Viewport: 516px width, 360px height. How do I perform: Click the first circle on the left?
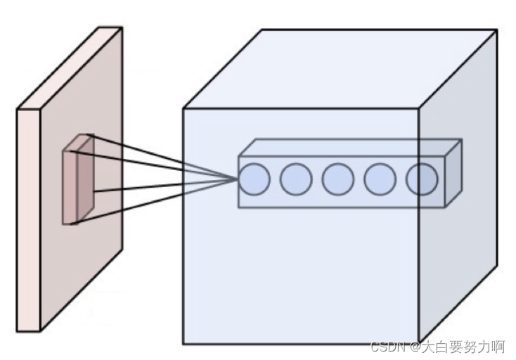click(x=254, y=179)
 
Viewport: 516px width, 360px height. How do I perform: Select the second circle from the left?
click(x=296, y=179)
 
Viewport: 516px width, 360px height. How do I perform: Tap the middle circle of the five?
click(x=337, y=179)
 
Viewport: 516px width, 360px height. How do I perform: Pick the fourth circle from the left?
click(x=380, y=179)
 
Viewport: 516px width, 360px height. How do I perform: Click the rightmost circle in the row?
click(x=421, y=179)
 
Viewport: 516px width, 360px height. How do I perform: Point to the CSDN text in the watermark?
click(x=387, y=347)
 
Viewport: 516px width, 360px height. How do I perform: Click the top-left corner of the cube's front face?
click(x=183, y=109)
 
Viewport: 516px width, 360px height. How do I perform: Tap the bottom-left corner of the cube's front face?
click(x=183, y=344)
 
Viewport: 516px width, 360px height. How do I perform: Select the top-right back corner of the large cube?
click(x=496, y=30)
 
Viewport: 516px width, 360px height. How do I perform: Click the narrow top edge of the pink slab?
click(x=70, y=67)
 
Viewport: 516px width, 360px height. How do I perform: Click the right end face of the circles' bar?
click(x=453, y=173)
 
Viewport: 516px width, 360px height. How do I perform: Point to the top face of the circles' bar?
click(x=351, y=148)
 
